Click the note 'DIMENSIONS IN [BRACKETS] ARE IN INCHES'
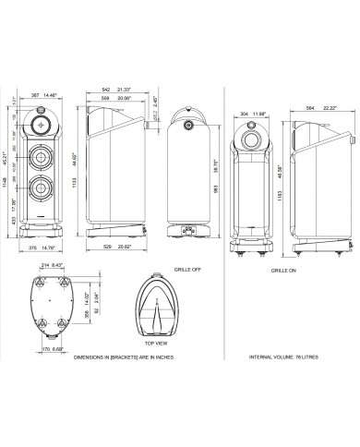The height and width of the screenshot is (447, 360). (75, 356)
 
